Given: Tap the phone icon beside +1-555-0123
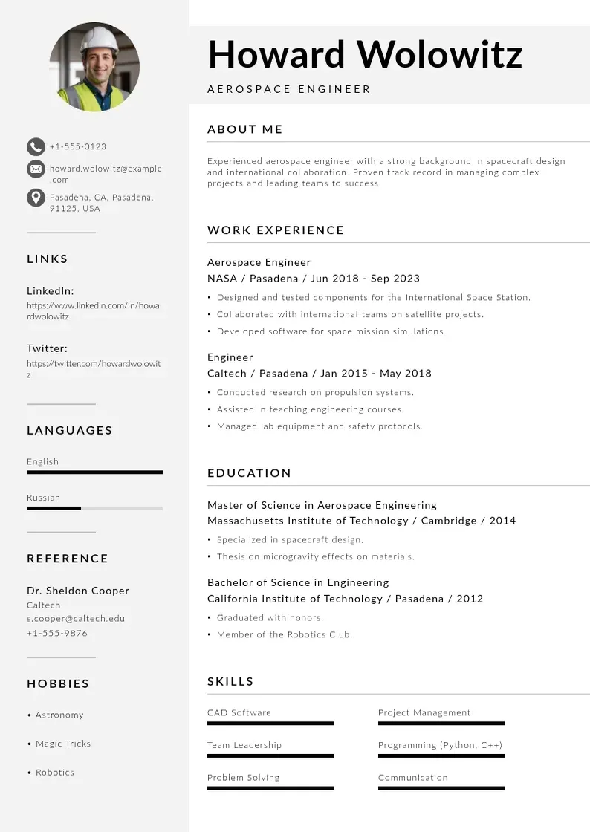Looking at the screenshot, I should [x=36, y=146].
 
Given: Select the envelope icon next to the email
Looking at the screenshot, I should [x=36, y=169].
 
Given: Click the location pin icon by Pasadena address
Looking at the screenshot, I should [x=36, y=198].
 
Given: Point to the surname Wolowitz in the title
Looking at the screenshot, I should [x=439, y=54].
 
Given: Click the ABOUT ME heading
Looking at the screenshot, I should [x=245, y=129].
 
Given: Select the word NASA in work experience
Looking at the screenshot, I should [x=222, y=279].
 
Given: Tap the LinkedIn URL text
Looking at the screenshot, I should [x=93, y=311].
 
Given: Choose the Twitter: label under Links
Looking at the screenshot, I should [x=47, y=348].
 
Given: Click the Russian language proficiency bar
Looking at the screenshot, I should [x=94, y=508].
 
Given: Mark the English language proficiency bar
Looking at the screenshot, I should [x=94, y=472].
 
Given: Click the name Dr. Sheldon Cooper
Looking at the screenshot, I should [x=78, y=591].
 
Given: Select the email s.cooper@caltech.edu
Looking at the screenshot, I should [x=76, y=618].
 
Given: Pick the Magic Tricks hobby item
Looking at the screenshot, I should [x=62, y=744].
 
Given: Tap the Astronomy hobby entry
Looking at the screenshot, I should [x=59, y=715].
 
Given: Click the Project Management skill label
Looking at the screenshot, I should [x=424, y=712].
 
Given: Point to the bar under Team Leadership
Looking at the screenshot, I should [x=270, y=755].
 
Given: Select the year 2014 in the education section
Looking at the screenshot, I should [x=502, y=521].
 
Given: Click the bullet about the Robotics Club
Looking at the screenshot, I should [x=285, y=634].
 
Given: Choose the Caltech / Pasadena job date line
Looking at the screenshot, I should [x=320, y=374].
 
